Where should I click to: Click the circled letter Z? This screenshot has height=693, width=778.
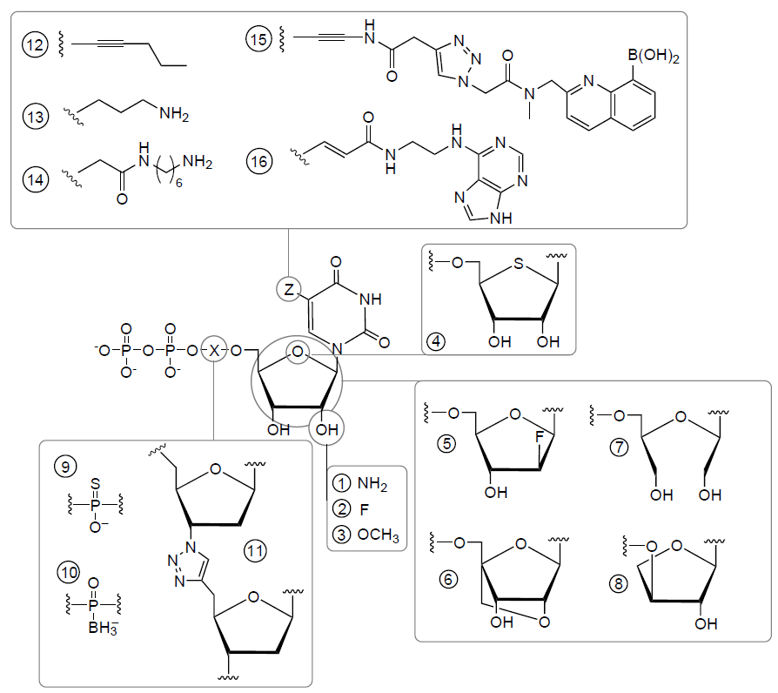tap(289, 288)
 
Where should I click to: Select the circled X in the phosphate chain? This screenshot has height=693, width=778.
tap(214, 351)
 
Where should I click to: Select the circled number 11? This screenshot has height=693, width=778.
tap(255, 550)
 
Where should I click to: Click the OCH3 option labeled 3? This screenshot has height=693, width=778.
tap(379, 534)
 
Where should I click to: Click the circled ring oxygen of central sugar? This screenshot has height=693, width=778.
tap(298, 353)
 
